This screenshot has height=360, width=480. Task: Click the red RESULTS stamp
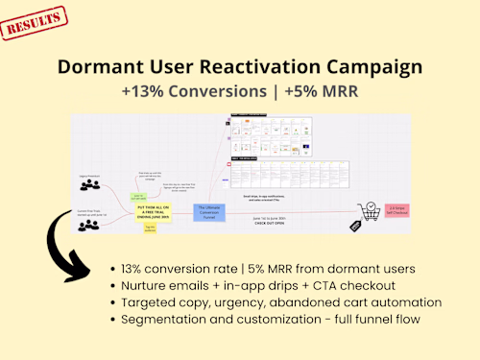click(x=35, y=21)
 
